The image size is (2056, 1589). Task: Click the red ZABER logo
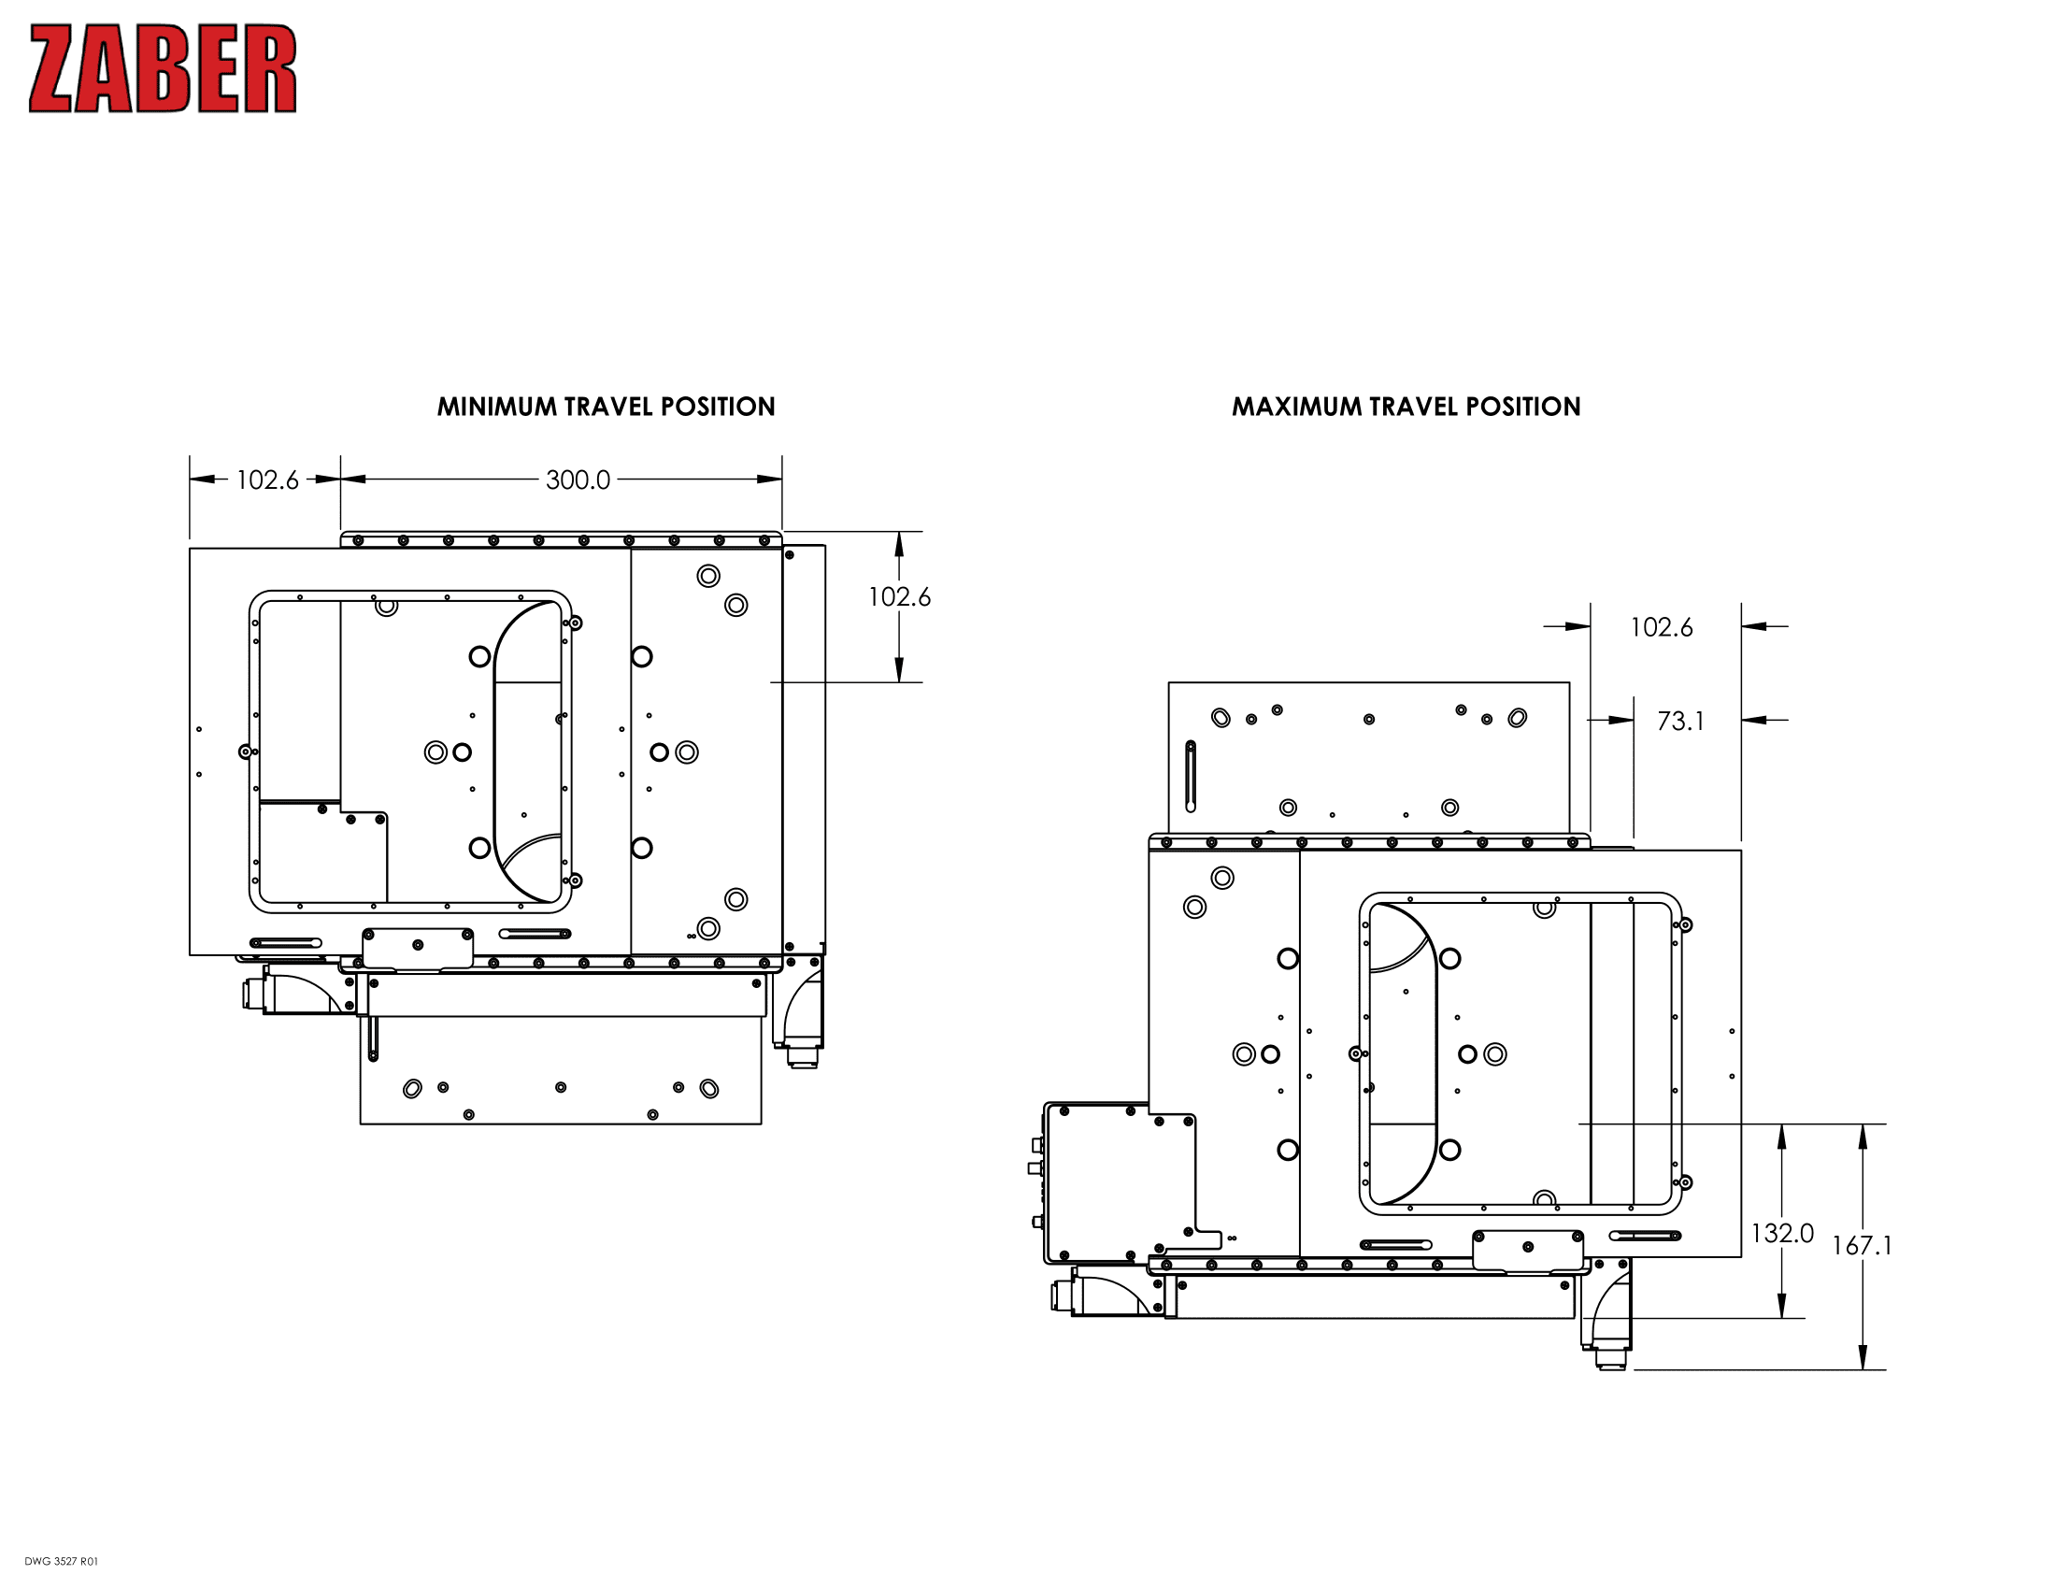coord(162,69)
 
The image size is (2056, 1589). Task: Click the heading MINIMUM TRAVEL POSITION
coord(606,407)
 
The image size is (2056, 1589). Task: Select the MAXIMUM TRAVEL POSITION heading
coord(1406,407)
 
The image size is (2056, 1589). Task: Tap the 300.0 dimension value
coord(578,480)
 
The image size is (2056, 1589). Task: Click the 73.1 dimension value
coord(1680,721)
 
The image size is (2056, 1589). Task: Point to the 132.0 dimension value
coord(1781,1233)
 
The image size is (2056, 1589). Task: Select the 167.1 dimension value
coord(1861,1246)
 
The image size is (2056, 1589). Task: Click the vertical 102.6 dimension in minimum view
coord(899,597)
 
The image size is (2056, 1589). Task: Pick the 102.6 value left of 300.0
coord(266,480)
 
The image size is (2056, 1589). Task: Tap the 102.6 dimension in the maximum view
coord(1661,627)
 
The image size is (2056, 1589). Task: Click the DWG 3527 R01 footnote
coord(61,1562)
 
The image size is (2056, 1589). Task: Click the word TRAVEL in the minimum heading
coord(608,407)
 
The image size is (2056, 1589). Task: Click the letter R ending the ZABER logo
coord(274,69)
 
